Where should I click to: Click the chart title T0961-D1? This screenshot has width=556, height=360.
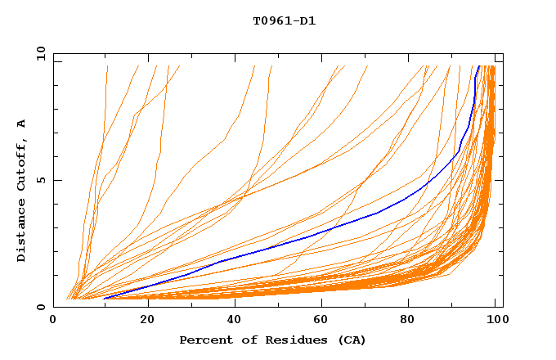[284, 20]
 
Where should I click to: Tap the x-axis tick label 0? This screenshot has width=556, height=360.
[53, 322]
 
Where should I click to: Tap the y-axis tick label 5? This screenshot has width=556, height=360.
[42, 180]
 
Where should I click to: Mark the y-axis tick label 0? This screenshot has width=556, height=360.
[42, 307]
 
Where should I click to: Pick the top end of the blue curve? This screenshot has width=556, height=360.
[479, 66]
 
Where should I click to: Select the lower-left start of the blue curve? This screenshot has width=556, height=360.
[105, 299]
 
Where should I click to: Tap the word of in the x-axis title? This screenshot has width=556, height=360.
[246, 340]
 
